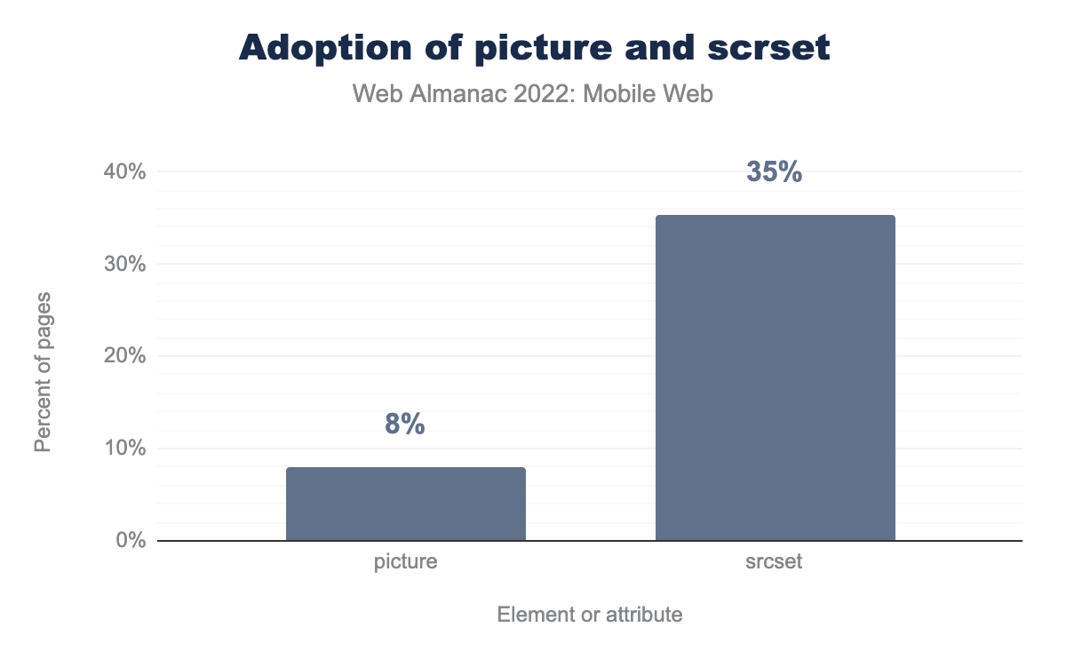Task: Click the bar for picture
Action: click(x=405, y=504)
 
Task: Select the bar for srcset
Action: click(x=775, y=377)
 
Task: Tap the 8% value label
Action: click(x=405, y=425)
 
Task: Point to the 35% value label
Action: click(x=775, y=172)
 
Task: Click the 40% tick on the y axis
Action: click(x=125, y=171)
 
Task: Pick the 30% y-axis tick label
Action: click(x=125, y=264)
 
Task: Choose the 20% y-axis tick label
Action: click(x=125, y=356)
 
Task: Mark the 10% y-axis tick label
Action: click(x=125, y=449)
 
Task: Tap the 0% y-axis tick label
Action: click(x=130, y=540)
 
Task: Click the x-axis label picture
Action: click(x=405, y=562)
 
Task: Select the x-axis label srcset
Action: click(x=775, y=562)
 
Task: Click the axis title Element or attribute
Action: click(x=590, y=614)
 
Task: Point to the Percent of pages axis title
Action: click(x=43, y=370)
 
